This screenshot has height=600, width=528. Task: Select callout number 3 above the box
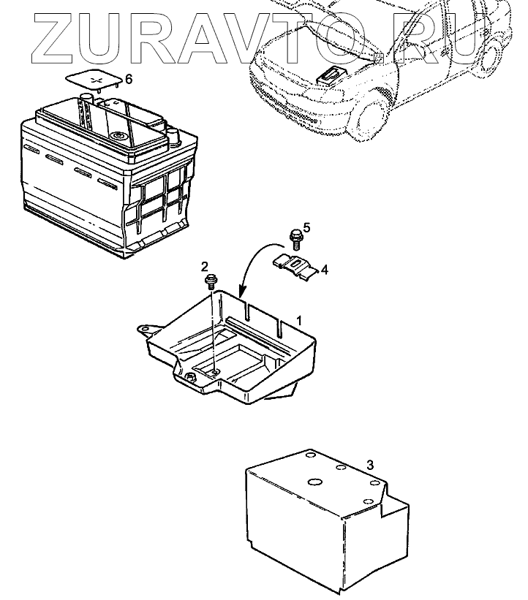[x=370, y=465]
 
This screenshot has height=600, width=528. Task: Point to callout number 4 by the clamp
[x=324, y=269]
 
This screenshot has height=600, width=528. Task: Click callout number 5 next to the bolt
[x=306, y=228]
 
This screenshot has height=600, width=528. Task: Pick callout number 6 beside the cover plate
[x=129, y=77]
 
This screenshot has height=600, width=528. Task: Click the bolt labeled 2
[x=211, y=281]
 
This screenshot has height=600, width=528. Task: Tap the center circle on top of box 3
[x=315, y=482]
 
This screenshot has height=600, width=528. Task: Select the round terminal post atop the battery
[x=117, y=137]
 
